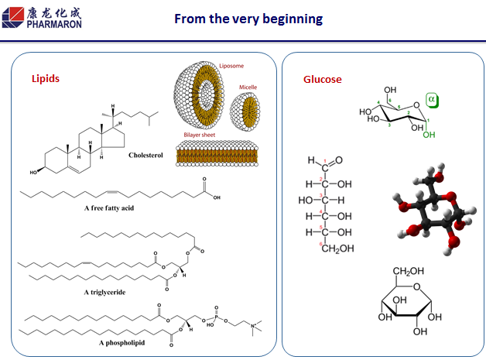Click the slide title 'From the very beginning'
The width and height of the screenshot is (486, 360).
pos(248,18)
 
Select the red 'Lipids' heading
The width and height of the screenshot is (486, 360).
pos(45,79)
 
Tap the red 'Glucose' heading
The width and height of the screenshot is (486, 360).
pos(322,79)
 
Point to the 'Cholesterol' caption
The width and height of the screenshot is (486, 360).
pos(146,155)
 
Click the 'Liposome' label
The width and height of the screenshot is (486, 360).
pos(230,67)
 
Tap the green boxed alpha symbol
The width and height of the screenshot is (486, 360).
pos(432,99)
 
